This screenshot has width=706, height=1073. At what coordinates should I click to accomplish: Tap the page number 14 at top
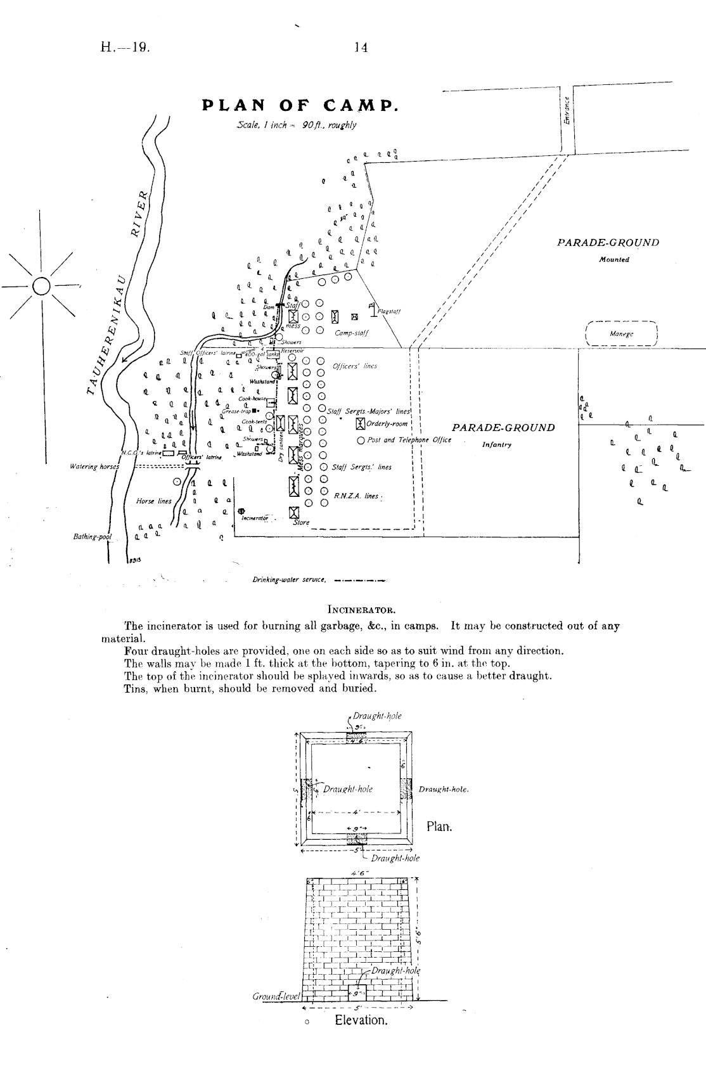(x=361, y=48)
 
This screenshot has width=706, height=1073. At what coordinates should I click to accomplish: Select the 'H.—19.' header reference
(x=125, y=48)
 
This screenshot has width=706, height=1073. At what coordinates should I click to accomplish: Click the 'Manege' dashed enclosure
(x=622, y=333)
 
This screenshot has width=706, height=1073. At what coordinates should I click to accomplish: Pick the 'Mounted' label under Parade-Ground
(x=613, y=259)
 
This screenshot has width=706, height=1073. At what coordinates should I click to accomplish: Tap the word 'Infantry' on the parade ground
(x=496, y=445)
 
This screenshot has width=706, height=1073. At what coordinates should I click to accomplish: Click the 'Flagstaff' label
(x=388, y=311)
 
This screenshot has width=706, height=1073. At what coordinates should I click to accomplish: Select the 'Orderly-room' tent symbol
(x=361, y=423)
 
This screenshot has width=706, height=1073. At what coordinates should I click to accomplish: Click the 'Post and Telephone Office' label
(x=409, y=440)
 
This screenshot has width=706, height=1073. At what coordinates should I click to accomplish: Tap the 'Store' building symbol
(x=293, y=512)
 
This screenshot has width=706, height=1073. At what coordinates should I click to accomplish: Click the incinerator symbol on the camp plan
(x=241, y=511)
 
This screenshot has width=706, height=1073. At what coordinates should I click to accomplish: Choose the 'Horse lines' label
(x=153, y=501)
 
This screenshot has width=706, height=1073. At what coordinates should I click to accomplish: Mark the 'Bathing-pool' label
(x=92, y=537)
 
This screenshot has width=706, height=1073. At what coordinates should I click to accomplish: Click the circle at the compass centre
(x=41, y=286)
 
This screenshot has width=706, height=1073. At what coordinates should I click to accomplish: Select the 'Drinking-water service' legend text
(x=289, y=579)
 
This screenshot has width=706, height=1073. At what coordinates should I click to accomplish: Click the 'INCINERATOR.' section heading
(x=361, y=610)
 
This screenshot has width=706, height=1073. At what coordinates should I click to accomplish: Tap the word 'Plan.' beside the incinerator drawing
(x=439, y=827)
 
